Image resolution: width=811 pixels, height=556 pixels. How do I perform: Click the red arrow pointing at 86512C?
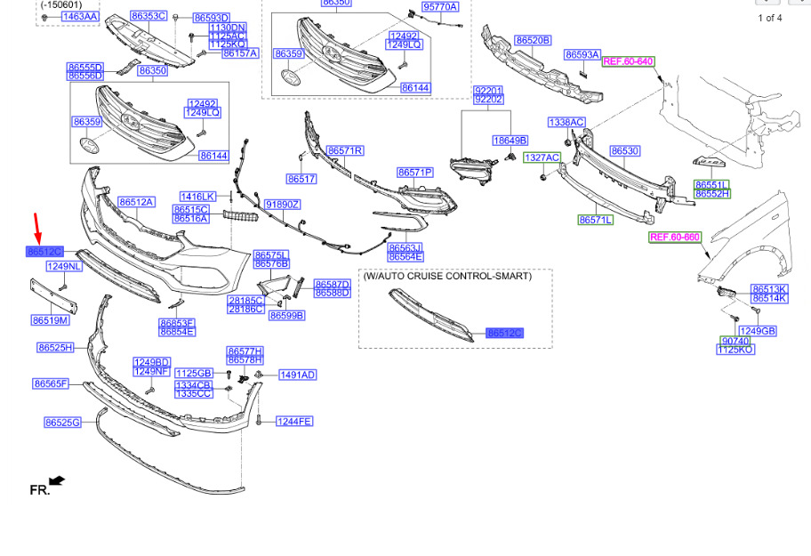pos(37,227)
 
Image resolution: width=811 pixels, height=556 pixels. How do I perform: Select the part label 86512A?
pos(137,202)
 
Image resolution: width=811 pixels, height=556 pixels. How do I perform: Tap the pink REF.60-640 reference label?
pos(628,61)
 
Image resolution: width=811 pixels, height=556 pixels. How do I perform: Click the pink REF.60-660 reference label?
pos(675,238)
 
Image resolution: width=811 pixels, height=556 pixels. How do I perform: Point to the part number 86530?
pos(624,151)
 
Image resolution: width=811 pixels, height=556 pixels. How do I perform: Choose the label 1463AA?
pos(80,16)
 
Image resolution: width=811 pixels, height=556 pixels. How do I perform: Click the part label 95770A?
pos(440,7)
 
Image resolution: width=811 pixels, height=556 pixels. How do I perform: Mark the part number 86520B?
pos(533,40)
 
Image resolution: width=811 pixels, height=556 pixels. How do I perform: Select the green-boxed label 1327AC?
pos(542,157)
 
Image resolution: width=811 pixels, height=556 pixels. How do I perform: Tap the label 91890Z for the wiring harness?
pos(283,205)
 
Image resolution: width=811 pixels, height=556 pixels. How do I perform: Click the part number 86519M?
pos(50,320)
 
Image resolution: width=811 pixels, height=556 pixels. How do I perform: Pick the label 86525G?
pos(62,423)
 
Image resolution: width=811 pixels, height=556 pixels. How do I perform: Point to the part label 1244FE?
pos(294,421)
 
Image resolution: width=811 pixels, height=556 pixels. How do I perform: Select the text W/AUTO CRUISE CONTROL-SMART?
pos(447,277)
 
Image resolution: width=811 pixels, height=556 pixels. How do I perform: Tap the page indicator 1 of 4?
pos(770,18)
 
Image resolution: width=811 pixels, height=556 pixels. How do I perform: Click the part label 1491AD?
pos(298,375)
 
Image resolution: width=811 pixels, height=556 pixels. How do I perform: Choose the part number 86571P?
pos(415,172)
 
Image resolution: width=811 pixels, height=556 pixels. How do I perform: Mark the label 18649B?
pos(510,141)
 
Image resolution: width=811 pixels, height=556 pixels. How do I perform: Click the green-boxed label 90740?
pos(735,341)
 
